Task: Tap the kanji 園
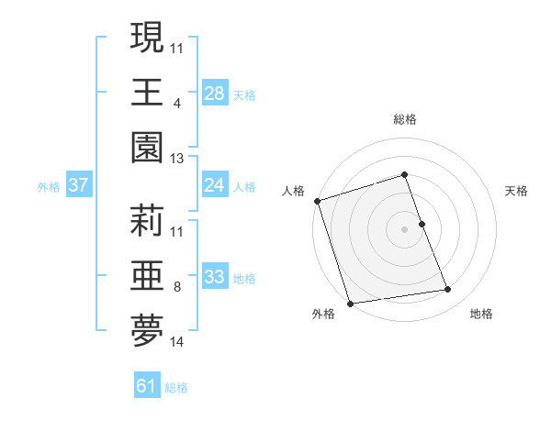click(x=148, y=149)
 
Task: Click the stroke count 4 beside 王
click(x=176, y=104)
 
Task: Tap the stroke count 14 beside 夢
click(x=177, y=343)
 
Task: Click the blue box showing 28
click(x=215, y=93)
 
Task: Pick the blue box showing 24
click(x=215, y=185)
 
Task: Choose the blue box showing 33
click(x=215, y=277)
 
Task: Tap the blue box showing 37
click(x=79, y=185)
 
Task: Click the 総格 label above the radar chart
click(x=405, y=119)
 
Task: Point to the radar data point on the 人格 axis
click(x=317, y=201)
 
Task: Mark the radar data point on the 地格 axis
click(x=448, y=290)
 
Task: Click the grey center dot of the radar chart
click(x=405, y=229)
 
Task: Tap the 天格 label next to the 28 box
click(x=244, y=94)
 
